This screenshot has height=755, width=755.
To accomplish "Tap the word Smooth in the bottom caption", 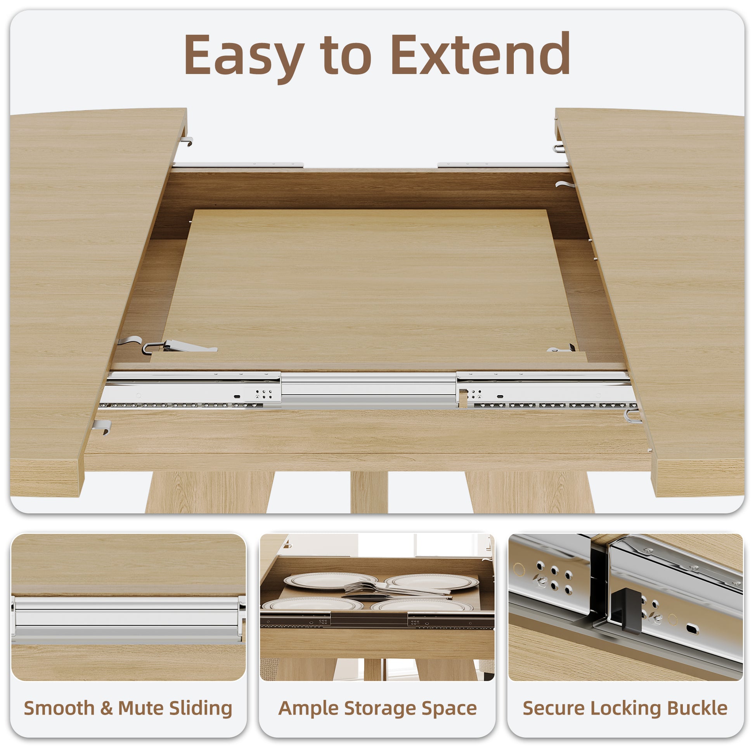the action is click(x=59, y=708).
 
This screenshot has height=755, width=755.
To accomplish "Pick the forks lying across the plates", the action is click(x=395, y=590).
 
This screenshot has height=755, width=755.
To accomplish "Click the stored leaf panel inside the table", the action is click(x=369, y=285).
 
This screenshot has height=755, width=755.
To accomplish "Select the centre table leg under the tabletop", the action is click(x=369, y=492).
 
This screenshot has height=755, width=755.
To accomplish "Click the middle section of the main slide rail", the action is click(x=369, y=390).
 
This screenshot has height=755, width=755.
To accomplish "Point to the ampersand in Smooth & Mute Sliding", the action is click(x=106, y=708).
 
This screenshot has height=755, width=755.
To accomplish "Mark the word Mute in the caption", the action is click(x=141, y=708).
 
